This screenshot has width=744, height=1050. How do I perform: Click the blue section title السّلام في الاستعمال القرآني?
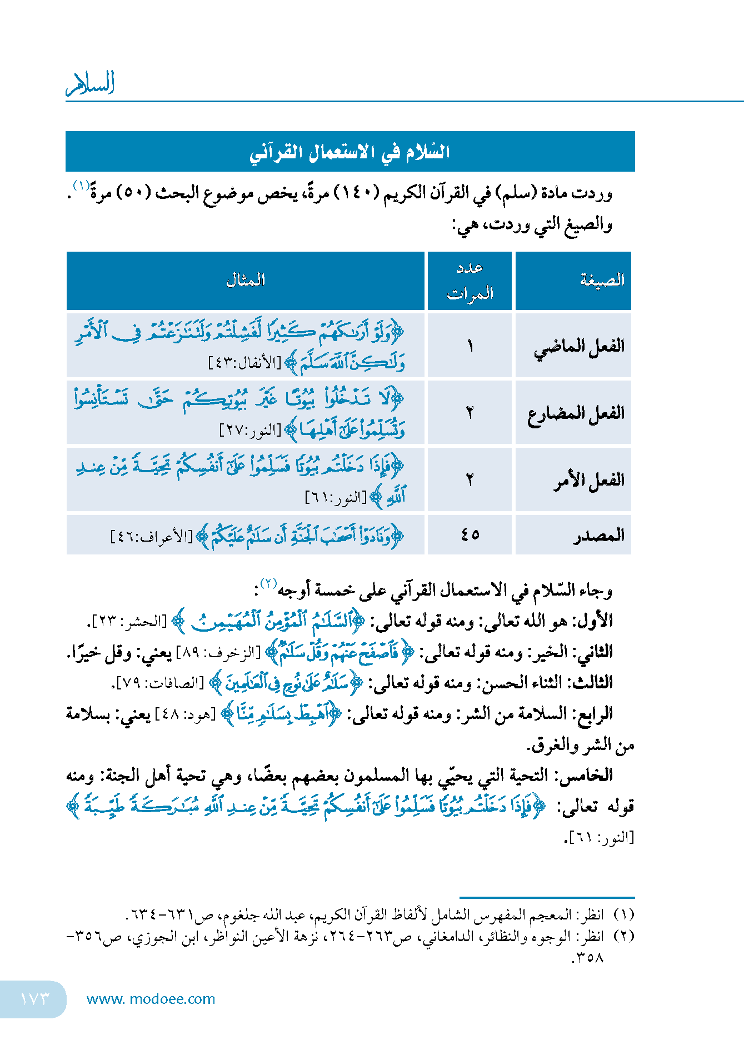(349, 152)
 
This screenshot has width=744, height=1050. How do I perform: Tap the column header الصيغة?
(602, 280)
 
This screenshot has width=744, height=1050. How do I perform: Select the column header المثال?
(245, 280)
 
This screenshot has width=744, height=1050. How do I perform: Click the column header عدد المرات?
(470, 281)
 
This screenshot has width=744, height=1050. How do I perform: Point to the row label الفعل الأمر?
(588, 480)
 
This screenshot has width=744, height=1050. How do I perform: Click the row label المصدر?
(598, 536)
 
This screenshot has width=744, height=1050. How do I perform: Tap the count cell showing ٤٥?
(470, 534)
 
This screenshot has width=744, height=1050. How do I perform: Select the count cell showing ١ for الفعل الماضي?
(470, 347)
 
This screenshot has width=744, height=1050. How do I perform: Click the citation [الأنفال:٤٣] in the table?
(244, 363)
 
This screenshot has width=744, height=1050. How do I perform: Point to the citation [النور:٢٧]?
(251, 430)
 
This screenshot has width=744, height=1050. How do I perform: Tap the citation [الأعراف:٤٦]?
(151, 537)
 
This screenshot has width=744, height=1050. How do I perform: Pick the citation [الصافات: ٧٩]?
(160, 683)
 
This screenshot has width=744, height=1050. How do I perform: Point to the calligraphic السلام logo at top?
(90, 84)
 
